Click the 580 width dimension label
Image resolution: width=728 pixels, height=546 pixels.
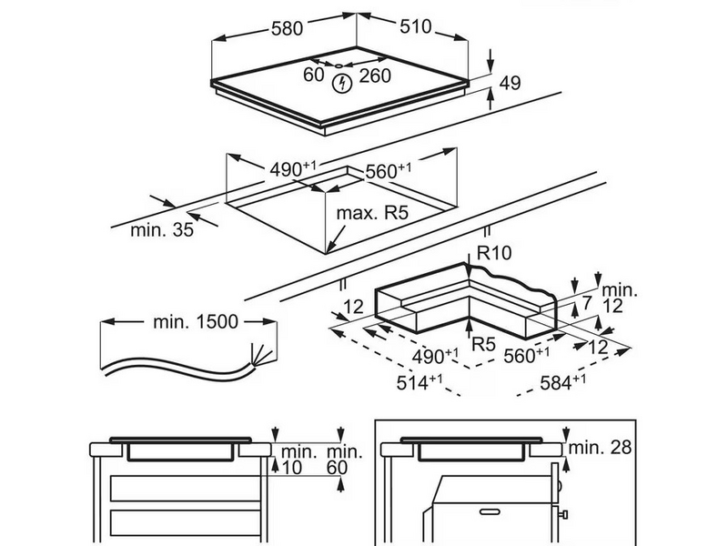[287, 29]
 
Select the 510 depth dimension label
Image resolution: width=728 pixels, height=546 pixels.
[414, 26]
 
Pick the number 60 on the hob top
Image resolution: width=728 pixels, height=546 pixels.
[314, 75]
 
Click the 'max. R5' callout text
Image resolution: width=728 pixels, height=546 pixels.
[371, 214]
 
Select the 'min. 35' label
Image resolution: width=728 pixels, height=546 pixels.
[162, 230]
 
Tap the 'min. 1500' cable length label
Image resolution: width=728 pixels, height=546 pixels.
[195, 321]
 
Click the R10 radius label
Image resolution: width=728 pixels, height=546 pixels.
[496, 254]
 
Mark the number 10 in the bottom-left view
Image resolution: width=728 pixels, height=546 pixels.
[291, 467]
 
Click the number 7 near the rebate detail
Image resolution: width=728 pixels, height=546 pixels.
[587, 301]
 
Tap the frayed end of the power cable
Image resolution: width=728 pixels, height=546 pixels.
[258, 354]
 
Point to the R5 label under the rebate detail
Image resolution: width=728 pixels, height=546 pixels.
[482, 344]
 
